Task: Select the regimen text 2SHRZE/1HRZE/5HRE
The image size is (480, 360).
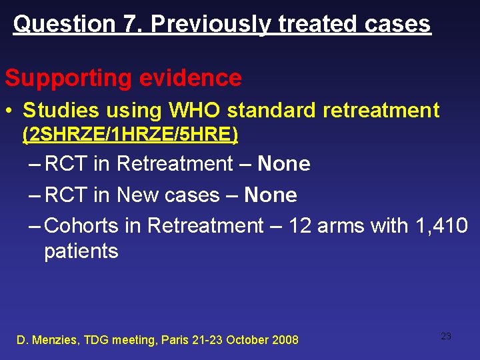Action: click(x=130, y=135)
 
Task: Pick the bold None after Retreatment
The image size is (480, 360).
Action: click(x=284, y=164)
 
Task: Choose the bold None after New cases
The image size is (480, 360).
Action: click(x=271, y=195)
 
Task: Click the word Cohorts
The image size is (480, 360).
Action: click(x=84, y=226)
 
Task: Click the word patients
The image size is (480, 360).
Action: click(x=81, y=251)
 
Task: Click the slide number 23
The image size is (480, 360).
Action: click(x=446, y=336)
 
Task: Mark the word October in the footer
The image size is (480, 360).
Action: click(x=247, y=340)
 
